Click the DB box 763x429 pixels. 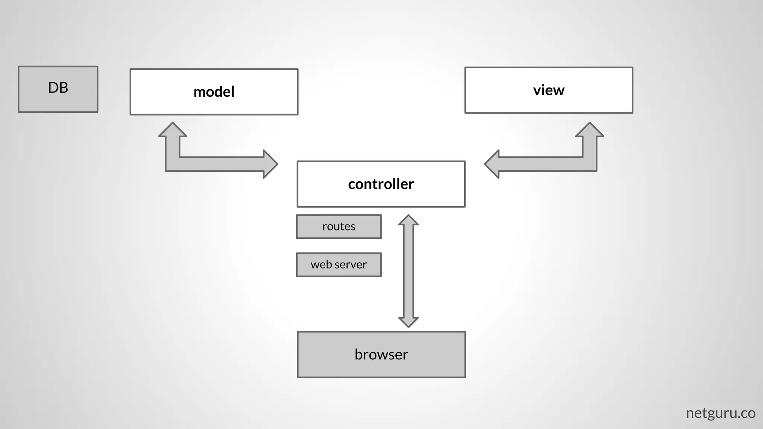pos(58,89)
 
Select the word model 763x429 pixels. pos(214,92)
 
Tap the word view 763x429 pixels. pos(548,90)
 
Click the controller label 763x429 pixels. pos(381,184)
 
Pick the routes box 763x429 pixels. pos(339,226)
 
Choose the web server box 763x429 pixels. pos(339,265)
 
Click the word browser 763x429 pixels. pos(381,355)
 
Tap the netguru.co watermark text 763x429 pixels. pos(720,413)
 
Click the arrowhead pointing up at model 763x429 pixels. pos(172,130)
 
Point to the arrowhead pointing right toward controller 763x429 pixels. pos(270,164)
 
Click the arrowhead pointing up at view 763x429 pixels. pos(589,130)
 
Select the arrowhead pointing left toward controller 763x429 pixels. pos(493,164)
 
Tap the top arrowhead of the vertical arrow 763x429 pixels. pos(408,220)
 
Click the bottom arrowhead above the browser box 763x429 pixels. pos(408,322)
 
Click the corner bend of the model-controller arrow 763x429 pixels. pos(173,164)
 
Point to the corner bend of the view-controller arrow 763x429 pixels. pos(589,164)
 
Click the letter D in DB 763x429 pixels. pos(53,88)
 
